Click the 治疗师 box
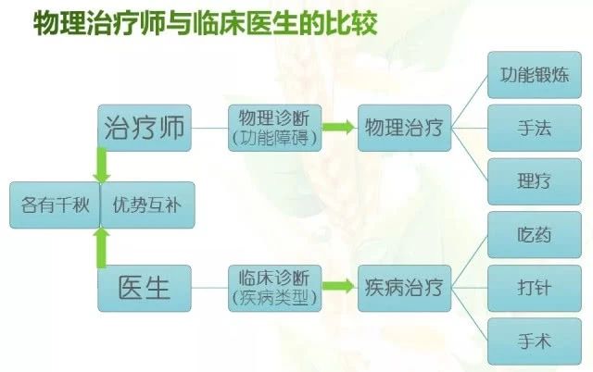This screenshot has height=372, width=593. [x=145, y=128]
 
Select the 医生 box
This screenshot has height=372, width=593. [x=145, y=288]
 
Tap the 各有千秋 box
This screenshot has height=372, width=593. [x=55, y=205]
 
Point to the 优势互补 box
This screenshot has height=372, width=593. [x=148, y=205]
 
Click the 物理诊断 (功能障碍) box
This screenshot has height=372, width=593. [x=275, y=128]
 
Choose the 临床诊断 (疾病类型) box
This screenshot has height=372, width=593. [x=275, y=288]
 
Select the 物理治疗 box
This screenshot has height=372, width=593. [x=405, y=128]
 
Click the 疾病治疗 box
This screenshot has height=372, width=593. [x=405, y=288]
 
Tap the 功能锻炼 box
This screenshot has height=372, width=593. [x=535, y=75]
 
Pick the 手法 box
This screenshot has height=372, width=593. [x=535, y=128]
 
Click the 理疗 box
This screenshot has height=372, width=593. [x=535, y=181]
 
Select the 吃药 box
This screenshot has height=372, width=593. [x=535, y=235]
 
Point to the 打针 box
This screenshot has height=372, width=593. [x=535, y=288]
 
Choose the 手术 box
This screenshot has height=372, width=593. [x=535, y=341]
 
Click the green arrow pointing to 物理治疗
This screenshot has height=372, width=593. [x=338, y=127]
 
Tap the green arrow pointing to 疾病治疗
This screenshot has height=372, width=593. [x=338, y=286]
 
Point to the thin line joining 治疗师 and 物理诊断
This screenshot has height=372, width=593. [x=210, y=128]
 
